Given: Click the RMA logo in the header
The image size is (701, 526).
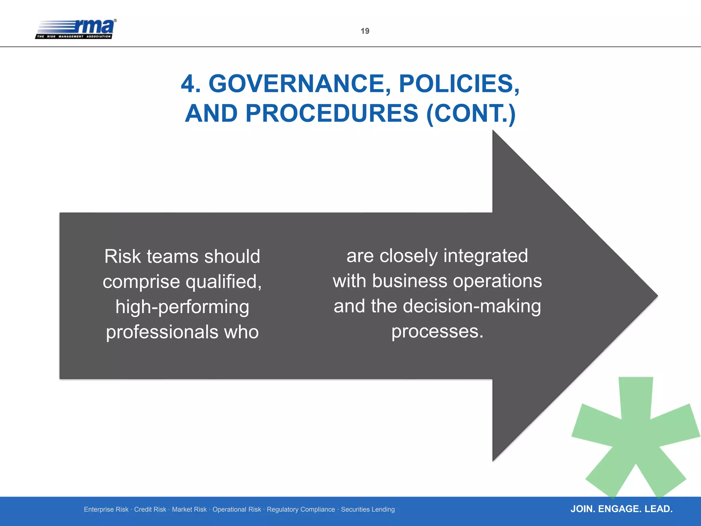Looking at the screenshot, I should [76, 29].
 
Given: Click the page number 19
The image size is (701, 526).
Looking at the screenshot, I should [365, 31].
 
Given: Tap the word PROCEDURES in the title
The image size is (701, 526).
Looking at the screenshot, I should [332, 113].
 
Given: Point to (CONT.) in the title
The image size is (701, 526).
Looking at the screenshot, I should [471, 113].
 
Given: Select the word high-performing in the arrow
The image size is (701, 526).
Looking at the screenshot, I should [182, 307].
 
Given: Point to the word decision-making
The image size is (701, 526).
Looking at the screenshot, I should [472, 306].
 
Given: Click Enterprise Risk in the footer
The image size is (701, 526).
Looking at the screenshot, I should [106, 510].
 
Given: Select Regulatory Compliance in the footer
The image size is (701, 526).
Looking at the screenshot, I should [301, 510].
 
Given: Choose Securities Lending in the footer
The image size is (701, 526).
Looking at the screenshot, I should [368, 510].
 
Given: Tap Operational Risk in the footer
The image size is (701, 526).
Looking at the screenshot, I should [237, 510].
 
